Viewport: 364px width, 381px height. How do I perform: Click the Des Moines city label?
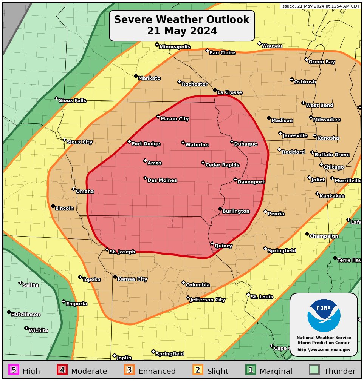[x=162, y=180]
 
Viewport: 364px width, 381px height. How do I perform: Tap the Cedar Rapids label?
[x=222, y=165]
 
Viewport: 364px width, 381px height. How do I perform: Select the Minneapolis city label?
[x=175, y=47]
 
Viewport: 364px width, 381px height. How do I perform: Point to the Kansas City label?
[x=132, y=279]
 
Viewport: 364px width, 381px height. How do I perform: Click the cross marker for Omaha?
[x=74, y=189]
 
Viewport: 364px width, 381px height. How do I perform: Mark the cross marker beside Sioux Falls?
[x=56, y=98]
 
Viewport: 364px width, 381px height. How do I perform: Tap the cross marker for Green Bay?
[x=306, y=60]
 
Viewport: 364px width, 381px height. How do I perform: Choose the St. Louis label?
[x=262, y=297]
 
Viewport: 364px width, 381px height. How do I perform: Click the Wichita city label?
[x=38, y=330]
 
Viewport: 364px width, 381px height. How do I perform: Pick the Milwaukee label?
[x=327, y=120]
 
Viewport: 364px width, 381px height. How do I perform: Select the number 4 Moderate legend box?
[x=62, y=370]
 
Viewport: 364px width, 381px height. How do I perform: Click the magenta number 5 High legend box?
[x=14, y=370]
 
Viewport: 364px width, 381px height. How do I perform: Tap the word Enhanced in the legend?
[x=157, y=371]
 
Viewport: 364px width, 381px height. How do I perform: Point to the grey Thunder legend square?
[x=314, y=370]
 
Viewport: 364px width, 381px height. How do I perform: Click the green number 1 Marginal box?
[x=251, y=370]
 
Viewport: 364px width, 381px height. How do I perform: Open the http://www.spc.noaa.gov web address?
[x=324, y=350]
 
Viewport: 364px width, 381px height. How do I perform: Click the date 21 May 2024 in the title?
[x=182, y=31]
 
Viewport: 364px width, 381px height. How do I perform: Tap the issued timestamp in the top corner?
[x=320, y=6]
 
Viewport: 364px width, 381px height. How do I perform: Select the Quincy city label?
[x=223, y=246]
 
